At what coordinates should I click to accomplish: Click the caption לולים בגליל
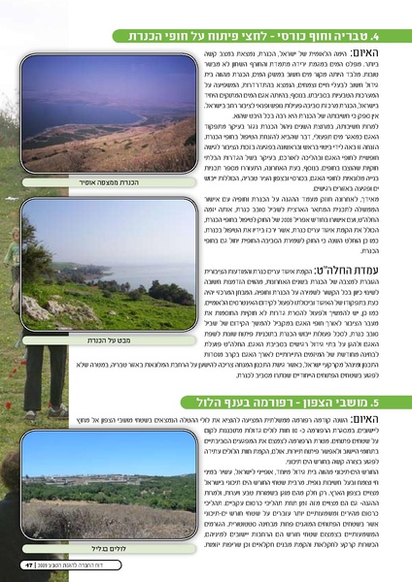pyautogui.click(x=103, y=546)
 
